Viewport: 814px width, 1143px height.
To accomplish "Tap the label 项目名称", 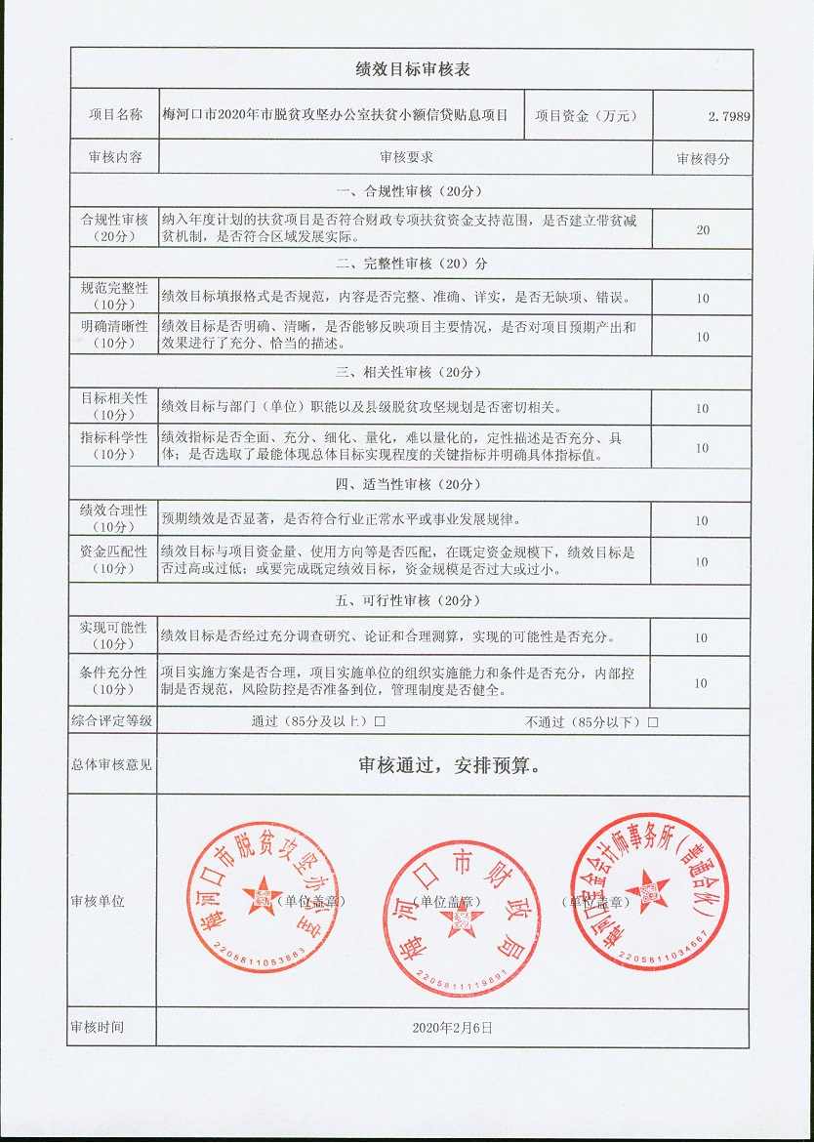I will [x=115, y=115].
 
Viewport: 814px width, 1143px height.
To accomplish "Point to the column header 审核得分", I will [x=703, y=158].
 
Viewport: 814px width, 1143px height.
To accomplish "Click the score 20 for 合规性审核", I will [x=703, y=230].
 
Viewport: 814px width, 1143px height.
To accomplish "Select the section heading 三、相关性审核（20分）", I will [x=409, y=372].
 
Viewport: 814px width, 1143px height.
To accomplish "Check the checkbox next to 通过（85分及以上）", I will [x=380, y=722].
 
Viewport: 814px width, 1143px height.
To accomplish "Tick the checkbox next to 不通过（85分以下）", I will [x=653, y=722].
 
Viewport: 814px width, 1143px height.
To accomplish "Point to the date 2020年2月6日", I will [x=453, y=1028].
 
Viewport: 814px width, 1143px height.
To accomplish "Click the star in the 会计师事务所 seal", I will [x=648, y=891].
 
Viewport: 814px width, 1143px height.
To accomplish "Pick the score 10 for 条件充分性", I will [x=703, y=683].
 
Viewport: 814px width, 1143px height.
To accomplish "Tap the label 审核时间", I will [x=98, y=1028].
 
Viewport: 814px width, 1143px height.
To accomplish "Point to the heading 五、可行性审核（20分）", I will [x=409, y=600].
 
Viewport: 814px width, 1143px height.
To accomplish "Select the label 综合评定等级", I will [x=112, y=721].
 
